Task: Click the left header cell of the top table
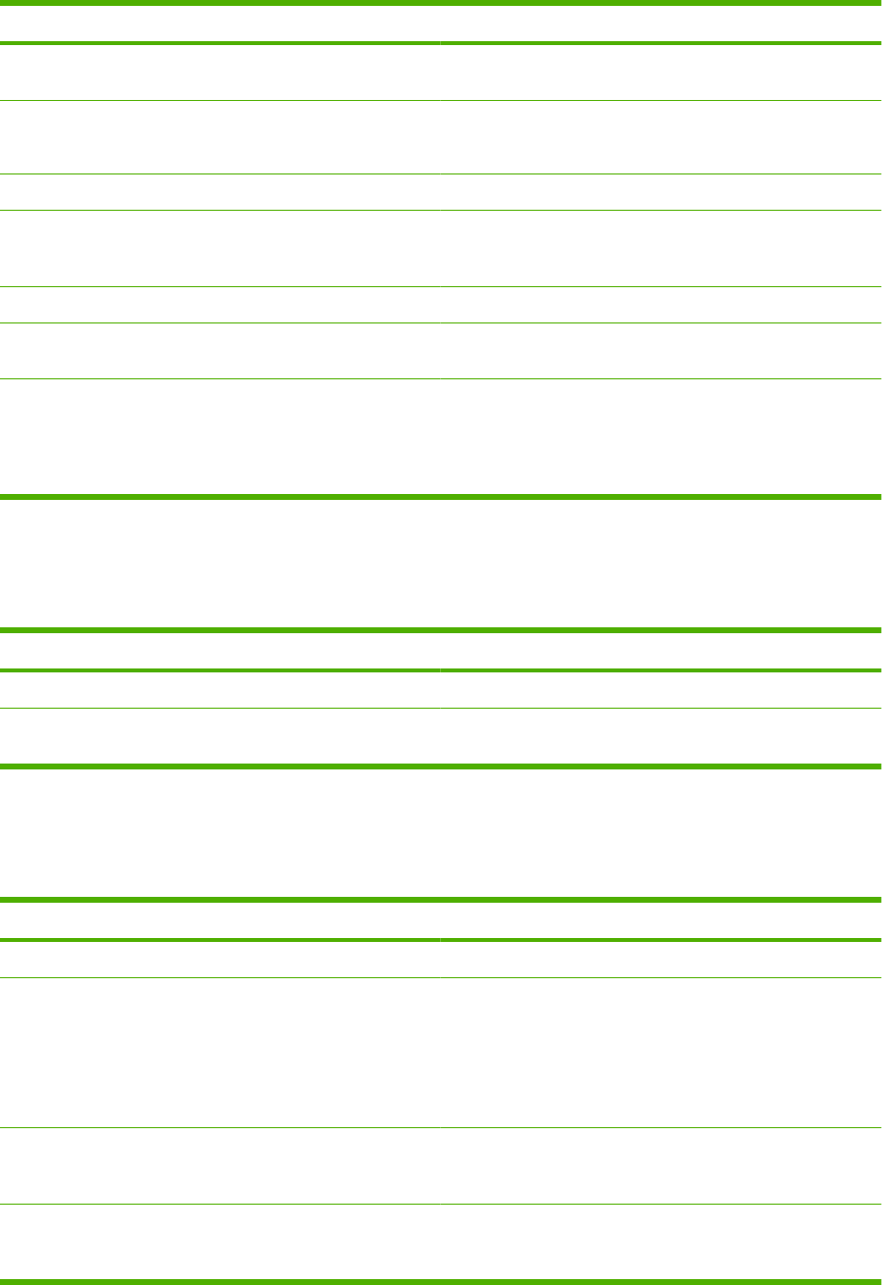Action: click(220, 24)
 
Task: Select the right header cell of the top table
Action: click(661, 24)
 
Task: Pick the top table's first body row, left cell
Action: click(220, 72)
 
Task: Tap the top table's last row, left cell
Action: click(220, 437)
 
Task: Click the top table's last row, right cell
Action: click(661, 437)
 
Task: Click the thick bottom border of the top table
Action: click(441, 497)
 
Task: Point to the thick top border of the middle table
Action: click(441, 630)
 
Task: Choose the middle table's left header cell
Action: click(220, 650)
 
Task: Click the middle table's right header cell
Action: click(661, 650)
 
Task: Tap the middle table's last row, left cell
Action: click(220, 736)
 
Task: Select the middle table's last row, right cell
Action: click(661, 736)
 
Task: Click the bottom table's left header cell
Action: click(220, 920)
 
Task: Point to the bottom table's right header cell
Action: click(661, 920)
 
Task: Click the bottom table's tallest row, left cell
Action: click(220, 1052)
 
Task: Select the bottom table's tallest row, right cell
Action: click(661, 1052)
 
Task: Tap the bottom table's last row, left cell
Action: click(220, 1241)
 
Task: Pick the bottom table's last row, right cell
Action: click(661, 1241)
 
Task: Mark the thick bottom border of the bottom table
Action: click(441, 1281)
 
